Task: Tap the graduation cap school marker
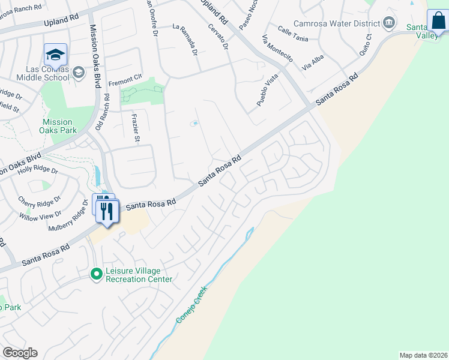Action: (x=55, y=55)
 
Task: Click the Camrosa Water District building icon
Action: (x=389, y=23)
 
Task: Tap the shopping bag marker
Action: (x=438, y=22)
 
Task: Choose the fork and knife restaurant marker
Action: (x=107, y=211)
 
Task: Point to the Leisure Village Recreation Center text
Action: (x=139, y=275)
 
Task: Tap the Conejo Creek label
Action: (x=192, y=305)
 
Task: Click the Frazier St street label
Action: (x=135, y=127)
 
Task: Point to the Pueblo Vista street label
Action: (x=268, y=92)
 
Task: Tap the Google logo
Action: (x=20, y=352)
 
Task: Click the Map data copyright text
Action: (x=424, y=355)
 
